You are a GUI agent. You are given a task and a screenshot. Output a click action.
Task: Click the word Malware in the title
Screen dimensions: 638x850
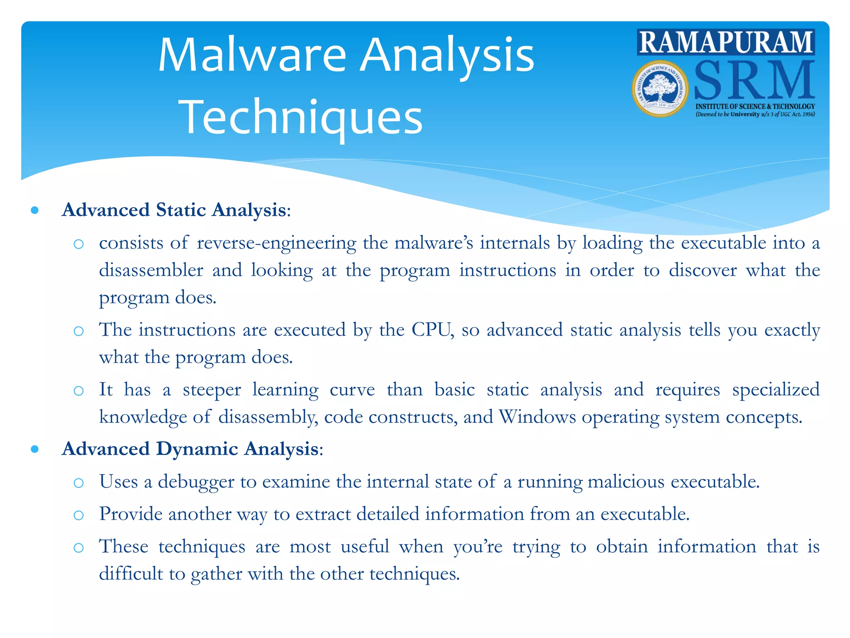pyautogui.click(x=252, y=56)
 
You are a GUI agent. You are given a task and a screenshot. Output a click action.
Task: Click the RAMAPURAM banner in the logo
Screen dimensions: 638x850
pyautogui.click(x=725, y=42)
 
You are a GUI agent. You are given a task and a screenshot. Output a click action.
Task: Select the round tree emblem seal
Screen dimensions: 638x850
pyautogui.click(x=660, y=88)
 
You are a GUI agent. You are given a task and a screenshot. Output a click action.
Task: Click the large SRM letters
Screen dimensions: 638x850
pyautogui.click(x=754, y=80)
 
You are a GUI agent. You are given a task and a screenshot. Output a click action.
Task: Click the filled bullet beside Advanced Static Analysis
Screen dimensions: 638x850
pyautogui.click(x=35, y=211)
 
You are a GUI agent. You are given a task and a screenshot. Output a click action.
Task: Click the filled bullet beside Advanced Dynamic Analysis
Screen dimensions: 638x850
pyautogui.click(x=35, y=449)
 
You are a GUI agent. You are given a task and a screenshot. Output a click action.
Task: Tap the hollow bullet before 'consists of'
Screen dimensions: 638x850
pyautogui.click(x=78, y=244)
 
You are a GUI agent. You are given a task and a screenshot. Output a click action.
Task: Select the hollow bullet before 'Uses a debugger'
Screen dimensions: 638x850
pyautogui.click(x=78, y=483)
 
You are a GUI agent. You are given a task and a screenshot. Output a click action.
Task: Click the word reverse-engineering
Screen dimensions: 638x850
pyautogui.click(x=276, y=243)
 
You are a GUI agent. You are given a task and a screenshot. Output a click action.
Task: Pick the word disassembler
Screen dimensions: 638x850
pyautogui.click(x=151, y=270)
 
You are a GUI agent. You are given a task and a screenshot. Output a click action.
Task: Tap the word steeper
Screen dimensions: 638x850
pyautogui.click(x=212, y=390)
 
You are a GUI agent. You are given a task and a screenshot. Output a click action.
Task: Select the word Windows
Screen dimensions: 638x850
pyautogui.click(x=537, y=417)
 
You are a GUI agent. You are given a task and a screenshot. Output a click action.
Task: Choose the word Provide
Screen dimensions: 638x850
pyautogui.click(x=131, y=514)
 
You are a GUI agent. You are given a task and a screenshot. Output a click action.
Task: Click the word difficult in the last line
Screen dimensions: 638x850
pyautogui.click(x=131, y=574)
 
